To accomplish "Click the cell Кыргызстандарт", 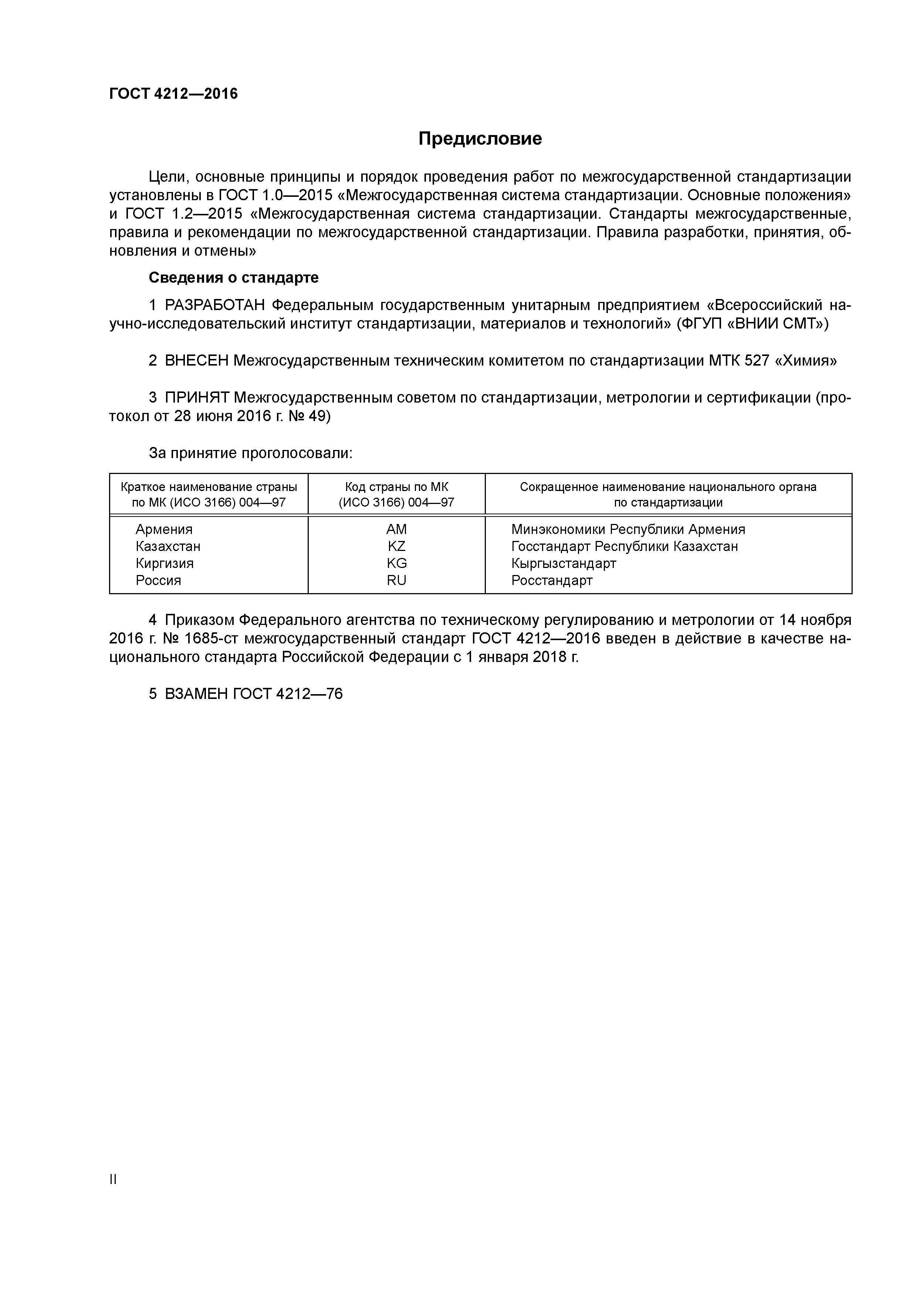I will tap(563, 563).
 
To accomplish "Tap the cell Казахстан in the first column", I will tap(168, 546).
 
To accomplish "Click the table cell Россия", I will tap(158, 580).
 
